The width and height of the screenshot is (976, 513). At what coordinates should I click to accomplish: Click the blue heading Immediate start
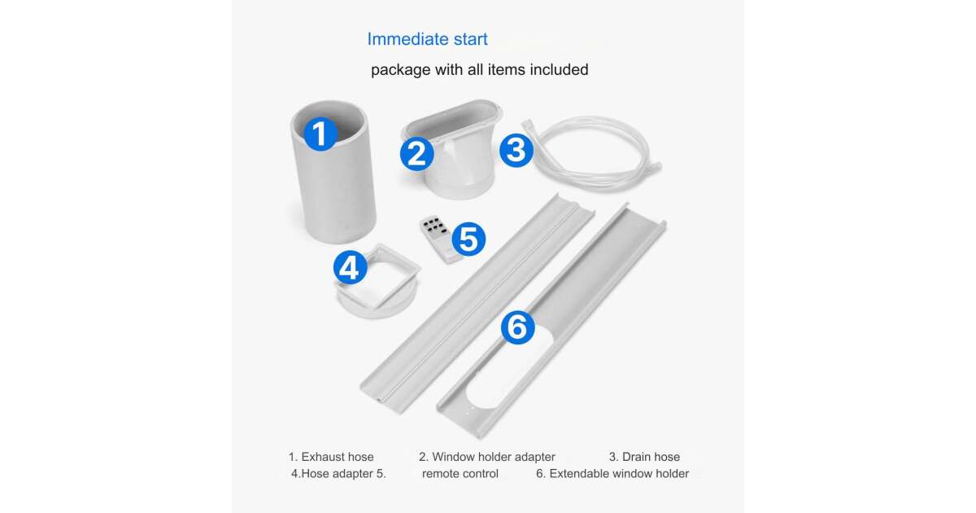click(427, 39)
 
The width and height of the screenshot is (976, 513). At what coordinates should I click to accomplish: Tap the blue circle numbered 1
click(320, 134)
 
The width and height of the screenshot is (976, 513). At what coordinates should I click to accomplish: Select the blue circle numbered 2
click(417, 154)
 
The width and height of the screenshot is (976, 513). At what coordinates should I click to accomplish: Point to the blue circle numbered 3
click(516, 151)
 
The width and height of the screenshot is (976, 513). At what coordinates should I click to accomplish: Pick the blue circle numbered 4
click(350, 267)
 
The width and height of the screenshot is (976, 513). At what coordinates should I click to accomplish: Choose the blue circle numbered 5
click(468, 239)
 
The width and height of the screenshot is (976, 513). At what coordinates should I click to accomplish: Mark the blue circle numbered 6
click(517, 327)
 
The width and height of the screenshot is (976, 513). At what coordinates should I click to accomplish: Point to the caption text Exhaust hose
click(338, 457)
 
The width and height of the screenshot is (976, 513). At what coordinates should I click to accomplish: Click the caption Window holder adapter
click(493, 457)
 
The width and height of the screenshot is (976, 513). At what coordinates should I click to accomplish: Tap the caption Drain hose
click(651, 457)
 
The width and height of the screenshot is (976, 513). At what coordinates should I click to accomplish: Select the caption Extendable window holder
click(619, 474)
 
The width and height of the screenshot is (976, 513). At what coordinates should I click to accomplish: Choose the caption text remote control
click(460, 474)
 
